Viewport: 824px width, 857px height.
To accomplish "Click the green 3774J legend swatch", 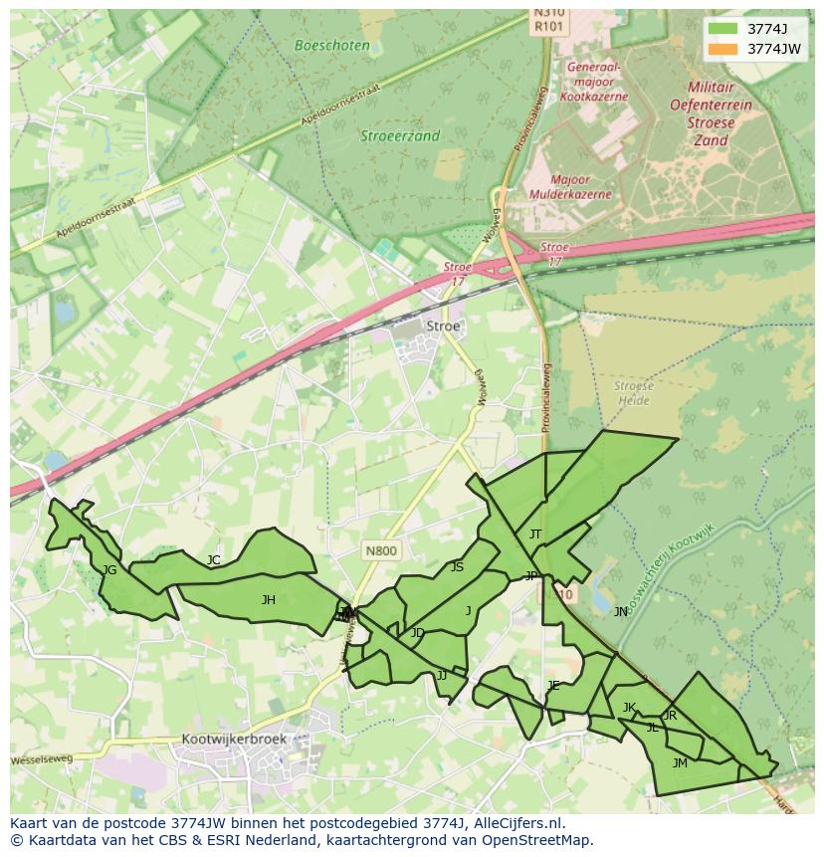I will coord(723,28).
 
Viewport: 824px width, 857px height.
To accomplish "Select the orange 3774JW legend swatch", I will coord(723,48).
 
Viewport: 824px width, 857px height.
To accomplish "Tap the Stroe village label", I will coord(443,325).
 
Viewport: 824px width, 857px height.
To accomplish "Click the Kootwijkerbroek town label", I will coord(234,740).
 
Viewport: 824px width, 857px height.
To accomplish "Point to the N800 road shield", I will coord(380,550).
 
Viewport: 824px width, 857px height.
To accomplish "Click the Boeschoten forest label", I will coord(332,45).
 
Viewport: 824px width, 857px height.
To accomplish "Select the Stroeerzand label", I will coord(400,136).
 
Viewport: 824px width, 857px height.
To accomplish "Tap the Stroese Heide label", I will coord(633,393).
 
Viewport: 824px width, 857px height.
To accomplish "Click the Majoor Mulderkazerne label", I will coord(570,187).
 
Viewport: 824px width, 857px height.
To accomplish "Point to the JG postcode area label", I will coord(109,570).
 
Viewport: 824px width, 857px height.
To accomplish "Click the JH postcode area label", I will coord(268,599).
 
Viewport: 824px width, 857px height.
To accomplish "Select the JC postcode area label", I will coord(213,560).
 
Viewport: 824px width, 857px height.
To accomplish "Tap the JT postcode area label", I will coord(535,535).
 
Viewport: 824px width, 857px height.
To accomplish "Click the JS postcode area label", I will coord(457,567).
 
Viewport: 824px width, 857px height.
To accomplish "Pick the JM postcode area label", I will coord(680,763).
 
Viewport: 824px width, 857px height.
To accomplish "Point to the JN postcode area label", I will coord(621,612).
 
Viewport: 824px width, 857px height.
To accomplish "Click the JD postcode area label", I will coord(418,633).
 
